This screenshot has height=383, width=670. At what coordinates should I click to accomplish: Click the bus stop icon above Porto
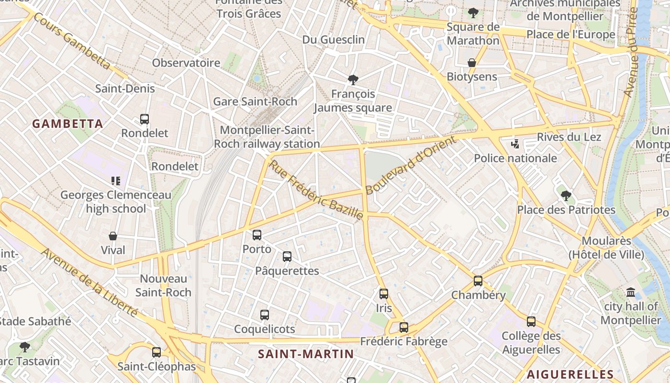[257, 235]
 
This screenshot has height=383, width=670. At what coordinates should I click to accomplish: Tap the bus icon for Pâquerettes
[287, 257]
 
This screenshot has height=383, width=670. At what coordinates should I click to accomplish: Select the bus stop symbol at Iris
[384, 294]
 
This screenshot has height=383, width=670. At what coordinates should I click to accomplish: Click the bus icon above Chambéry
[478, 281]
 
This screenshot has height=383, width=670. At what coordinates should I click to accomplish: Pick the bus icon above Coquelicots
[265, 315]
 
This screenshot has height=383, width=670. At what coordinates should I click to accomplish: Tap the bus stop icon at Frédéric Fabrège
[404, 327]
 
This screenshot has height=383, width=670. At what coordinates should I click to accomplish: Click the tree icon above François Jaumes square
[353, 80]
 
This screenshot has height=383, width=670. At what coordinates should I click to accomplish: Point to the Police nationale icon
[515, 144]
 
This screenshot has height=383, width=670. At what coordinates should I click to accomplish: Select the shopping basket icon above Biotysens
[472, 63]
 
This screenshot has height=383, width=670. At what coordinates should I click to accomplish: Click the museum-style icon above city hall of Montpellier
[631, 292]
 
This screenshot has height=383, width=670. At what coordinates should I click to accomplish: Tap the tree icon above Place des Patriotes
[566, 195]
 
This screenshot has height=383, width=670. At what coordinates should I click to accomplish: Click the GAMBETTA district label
[68, 124]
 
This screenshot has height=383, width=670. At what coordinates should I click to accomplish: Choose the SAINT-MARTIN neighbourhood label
[306, 354]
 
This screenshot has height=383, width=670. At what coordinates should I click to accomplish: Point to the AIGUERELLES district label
[570, 374]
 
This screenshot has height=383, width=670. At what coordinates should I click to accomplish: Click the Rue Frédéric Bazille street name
[316, 190]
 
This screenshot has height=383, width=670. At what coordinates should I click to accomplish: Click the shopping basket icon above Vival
[113, 236]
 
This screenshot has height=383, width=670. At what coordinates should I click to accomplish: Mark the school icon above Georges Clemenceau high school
[115, 181]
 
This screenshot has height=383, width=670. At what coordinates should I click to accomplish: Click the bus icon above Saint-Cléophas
[156, 352]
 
